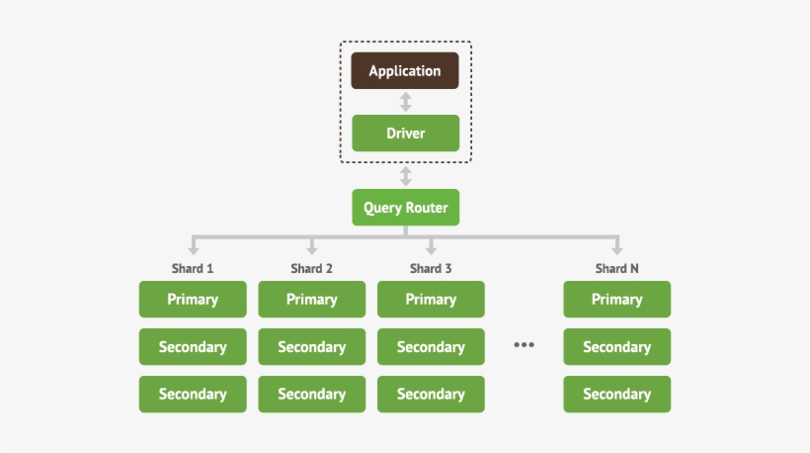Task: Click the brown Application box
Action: [x=405, y=70]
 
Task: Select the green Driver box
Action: [x=405, y=133]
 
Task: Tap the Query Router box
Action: [x=405, y=208]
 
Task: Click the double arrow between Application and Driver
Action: [x=405, y=102]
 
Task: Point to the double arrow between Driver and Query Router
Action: [x=405, y=177]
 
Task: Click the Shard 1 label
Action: [x=193, y=268]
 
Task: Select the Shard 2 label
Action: [x=311, y=268]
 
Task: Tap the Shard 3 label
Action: [x=431, y=268]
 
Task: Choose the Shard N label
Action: [x=616, y=268]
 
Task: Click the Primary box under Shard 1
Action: [x=193, y=299]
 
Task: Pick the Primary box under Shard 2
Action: [x=311, y=299]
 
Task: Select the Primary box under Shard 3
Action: [x=431, y=299]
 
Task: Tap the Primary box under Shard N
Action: [x=616, y=299]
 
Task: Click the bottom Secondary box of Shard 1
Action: [x=193, y=394]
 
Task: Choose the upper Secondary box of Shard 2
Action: [x=311, y=346]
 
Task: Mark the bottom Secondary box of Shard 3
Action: [x=431, y=394]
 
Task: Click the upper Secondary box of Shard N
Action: [x=616, y=346]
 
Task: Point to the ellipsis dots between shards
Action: [x=524, y=345]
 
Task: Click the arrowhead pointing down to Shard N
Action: [x=616, y=250]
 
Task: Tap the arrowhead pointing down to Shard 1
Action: [x=193, y=250]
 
